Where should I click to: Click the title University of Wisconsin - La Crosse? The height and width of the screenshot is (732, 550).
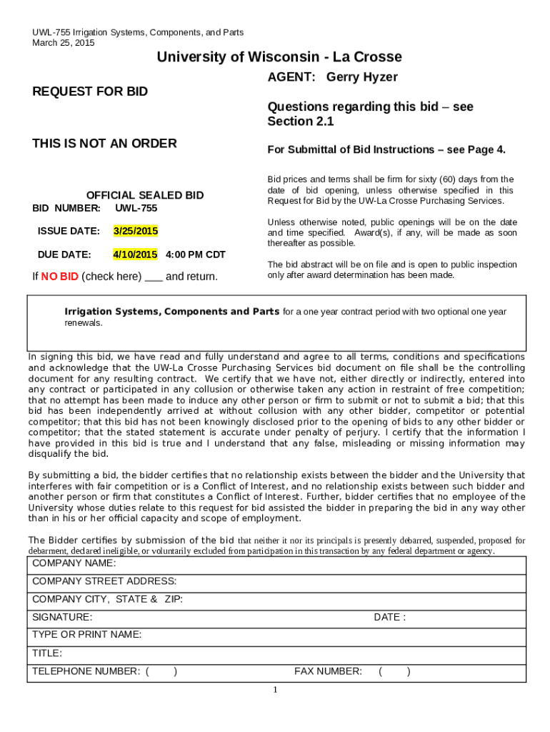(x=279, y=57)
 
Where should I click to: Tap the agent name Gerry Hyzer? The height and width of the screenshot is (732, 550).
(x=362, y=77)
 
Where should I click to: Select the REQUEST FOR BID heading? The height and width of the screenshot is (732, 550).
(x=90, y=91)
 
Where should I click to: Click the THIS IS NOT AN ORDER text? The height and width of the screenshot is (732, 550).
(x=104, y=144)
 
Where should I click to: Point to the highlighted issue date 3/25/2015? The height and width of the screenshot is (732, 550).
(x=136, y=232)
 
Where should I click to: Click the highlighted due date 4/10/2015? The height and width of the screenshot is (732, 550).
(x=135, y=254)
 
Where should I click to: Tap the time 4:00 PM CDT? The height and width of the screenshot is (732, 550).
(x=195, y=254)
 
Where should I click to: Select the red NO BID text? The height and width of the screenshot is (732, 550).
(x=60, y=277)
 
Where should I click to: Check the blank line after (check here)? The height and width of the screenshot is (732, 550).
(x=153, y=277)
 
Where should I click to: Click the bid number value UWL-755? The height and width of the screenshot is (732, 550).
(x=136, y=208)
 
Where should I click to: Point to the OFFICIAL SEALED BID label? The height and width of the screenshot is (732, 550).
(x=145, y=195)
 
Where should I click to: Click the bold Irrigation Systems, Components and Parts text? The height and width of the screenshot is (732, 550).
(x=172, y=312)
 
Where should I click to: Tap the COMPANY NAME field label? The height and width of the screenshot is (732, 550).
(x=74, y=563)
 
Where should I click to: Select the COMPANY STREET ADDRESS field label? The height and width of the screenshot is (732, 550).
(x=104, y=581)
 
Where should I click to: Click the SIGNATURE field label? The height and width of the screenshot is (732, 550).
(x=62, y=617)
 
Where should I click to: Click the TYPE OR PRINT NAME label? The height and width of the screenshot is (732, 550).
(x=87, y=635)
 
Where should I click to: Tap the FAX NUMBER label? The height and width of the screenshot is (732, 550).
(x=328, y=671)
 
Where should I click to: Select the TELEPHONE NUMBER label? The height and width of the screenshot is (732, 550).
(x=86, y=671)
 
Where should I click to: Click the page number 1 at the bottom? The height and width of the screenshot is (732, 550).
(x=275, y=690)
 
